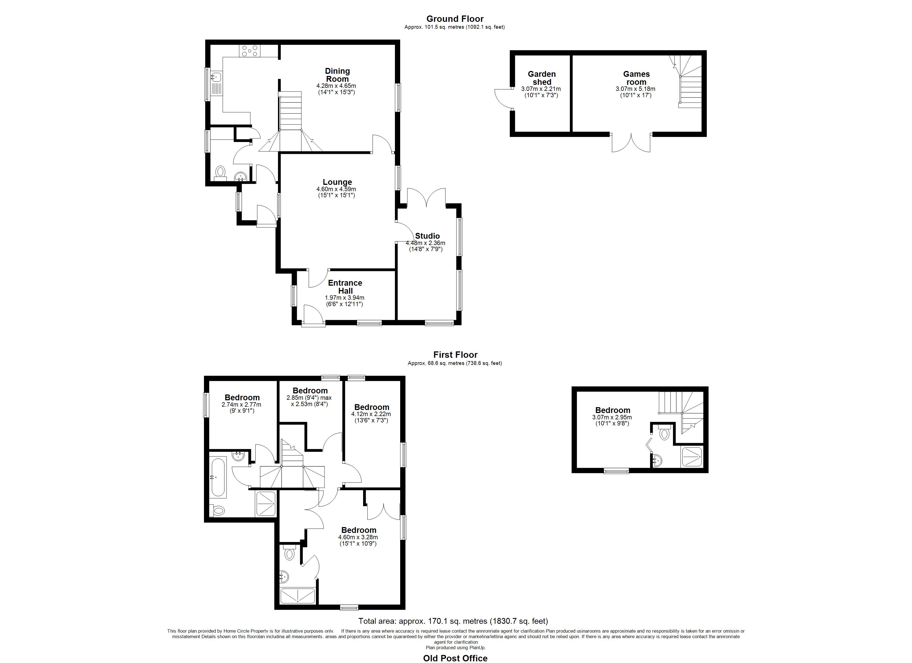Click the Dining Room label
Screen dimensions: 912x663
click(x=337, y=75)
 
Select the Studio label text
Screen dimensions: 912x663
click(x=428, y=236)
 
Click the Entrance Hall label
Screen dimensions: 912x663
click(x=345, y=287)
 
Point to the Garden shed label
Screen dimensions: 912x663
click(x=542, y=78)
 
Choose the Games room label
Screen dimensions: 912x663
click(x=636, y=78)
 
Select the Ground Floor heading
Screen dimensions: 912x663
click(x=455, y=19)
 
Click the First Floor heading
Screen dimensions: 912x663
click(x=455, y=355)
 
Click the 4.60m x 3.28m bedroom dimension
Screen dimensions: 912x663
click(x=358, y=537)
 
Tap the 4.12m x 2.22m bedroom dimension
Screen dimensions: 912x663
click(x=371, y=414)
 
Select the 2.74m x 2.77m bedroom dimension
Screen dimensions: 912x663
click(x=241, y=404)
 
